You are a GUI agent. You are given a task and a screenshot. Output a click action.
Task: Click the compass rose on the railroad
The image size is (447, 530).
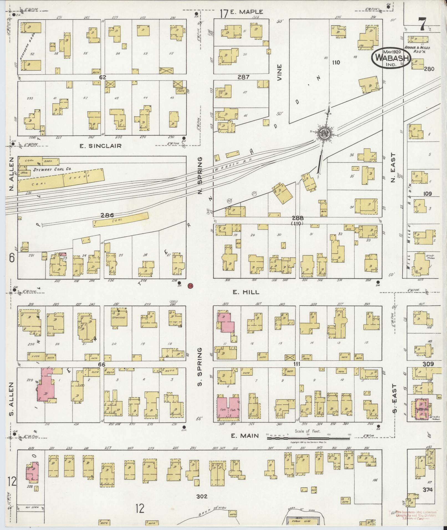pyautogui.click(x=323, y=134)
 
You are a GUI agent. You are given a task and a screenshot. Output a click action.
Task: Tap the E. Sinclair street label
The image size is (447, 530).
pyautogui.click(x=100, y=146)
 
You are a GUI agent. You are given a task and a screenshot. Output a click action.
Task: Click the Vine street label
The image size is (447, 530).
pyautogui.click(x=279, y=72)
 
